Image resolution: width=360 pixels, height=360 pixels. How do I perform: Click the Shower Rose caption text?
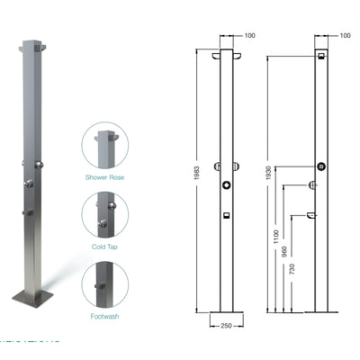(106, 176)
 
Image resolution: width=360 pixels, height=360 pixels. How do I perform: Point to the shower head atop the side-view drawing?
(320, 56)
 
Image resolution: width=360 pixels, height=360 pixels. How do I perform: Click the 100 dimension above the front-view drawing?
(249, 35)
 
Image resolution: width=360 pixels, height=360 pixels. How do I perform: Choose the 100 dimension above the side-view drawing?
(346, 35)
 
